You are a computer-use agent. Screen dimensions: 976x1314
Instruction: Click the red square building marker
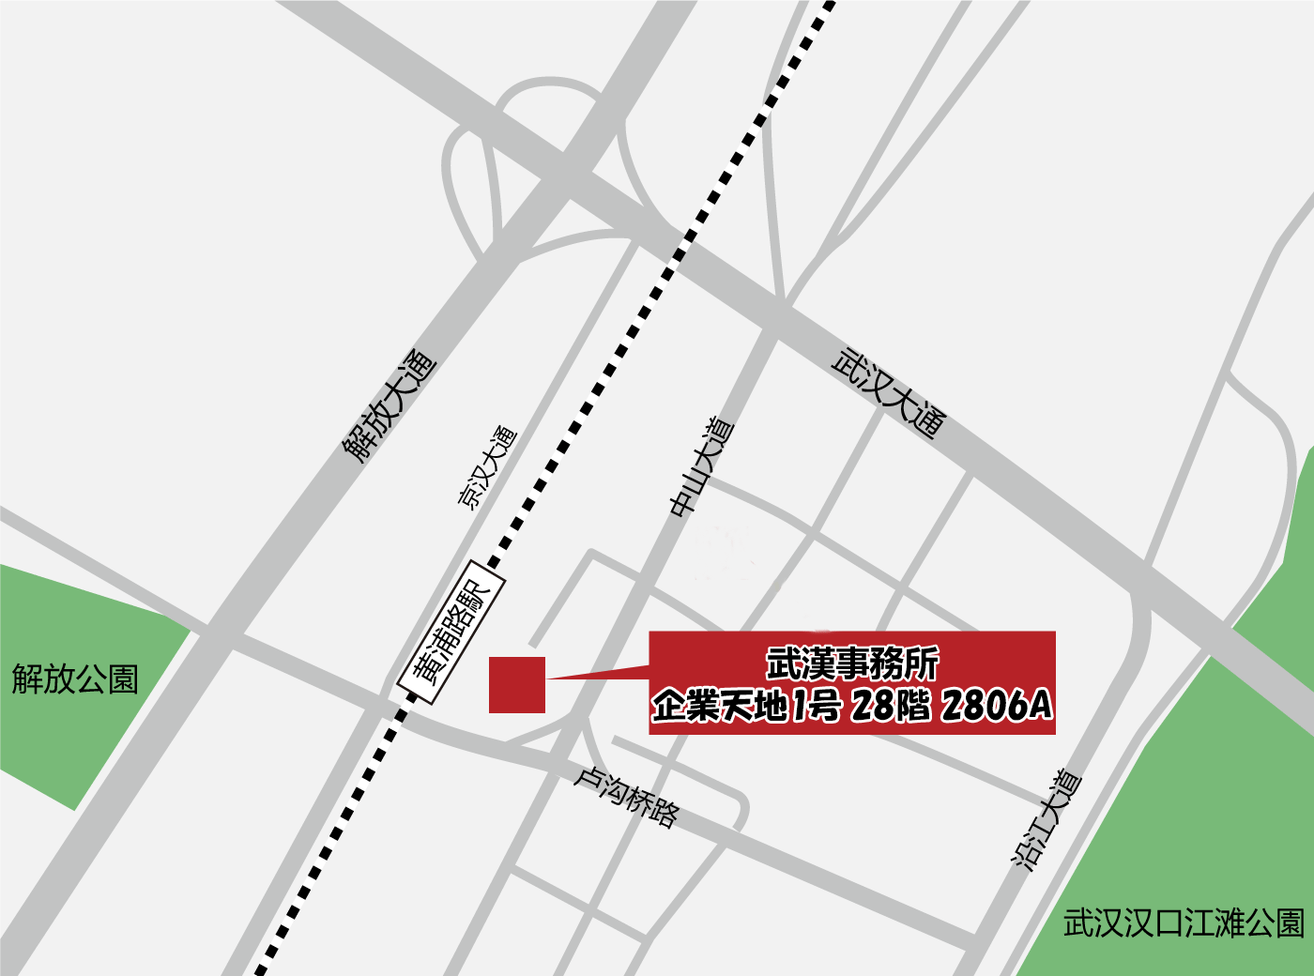pyautogui.click(x=517, y=684)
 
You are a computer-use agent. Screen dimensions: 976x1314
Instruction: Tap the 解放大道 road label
pyautogui.click(x=390, y=405)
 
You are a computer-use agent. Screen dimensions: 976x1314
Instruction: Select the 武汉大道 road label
pyautogui.click(x=888, y=394)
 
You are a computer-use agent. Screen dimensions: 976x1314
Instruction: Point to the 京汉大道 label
pyautogui.click(x=487, y=467)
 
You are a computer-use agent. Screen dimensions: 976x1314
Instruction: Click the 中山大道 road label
pyautogui.click(x=701, y=466)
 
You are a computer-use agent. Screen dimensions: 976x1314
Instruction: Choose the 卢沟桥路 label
pyautogui.click(x=626, y=797)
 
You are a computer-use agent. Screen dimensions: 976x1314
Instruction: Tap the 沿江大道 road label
pyautogui.click(x=1047, y=820)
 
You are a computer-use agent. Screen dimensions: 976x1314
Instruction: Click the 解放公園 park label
pyautogui.click(x=75, y=679)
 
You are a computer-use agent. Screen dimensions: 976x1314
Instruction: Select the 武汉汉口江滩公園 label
pyautogui.click(x=1184, y=923)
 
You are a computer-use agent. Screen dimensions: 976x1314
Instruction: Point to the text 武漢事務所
pyautogui.click(x=852, y=663)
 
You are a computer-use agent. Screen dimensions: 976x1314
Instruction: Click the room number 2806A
pyautogui.click(x=997, y=705)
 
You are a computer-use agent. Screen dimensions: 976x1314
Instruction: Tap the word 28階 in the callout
pyautogui.click(x=890, y=705)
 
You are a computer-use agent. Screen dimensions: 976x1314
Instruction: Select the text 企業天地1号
pyautogui.click(x=746, y=705)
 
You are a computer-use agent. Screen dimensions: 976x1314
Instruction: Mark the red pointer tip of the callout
pyautogui.click(x=550, y=678)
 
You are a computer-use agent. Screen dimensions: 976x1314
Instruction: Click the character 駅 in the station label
pyautogui.click(x=479, y=593)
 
